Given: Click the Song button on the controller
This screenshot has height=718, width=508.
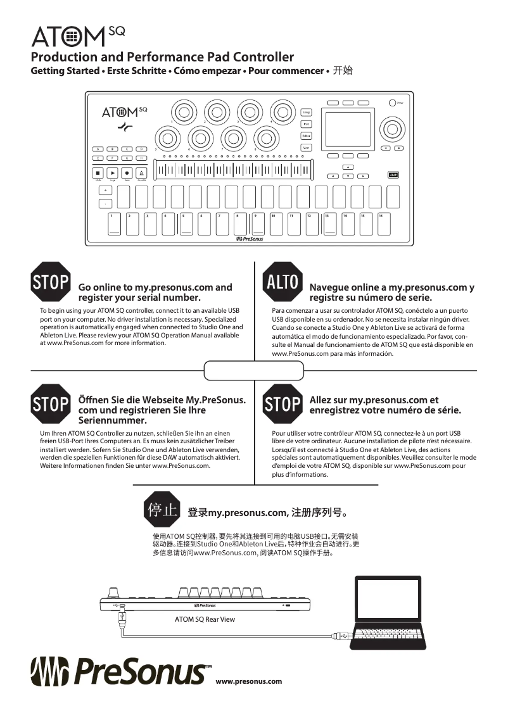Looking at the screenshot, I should (x=306, y=112).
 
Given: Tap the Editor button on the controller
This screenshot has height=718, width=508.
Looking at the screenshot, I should (x=306, y=136).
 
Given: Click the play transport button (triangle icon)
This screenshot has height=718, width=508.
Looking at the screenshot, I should (x=112, y=172).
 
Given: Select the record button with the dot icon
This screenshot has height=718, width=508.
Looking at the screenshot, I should (x=127, y=172).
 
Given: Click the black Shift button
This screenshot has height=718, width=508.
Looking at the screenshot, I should (x=393, y=175).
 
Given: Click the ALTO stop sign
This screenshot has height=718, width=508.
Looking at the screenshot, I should (x=282, y=282).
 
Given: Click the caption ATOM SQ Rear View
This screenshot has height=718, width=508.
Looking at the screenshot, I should (x=205, y=619).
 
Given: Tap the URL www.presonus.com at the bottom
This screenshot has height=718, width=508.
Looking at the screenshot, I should (x=248, y=682).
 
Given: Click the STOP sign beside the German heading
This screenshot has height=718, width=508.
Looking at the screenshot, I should (x=50, y=403).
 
